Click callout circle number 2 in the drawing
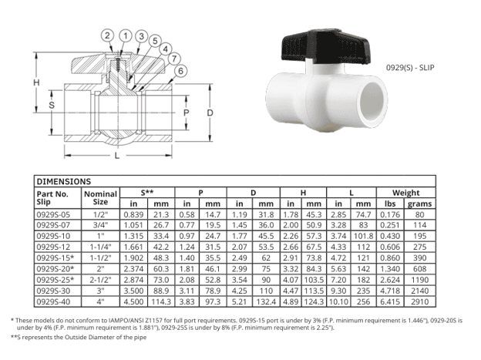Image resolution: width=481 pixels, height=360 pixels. (x=107, y=35)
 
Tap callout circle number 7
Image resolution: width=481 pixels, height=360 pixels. (x=174, y=59)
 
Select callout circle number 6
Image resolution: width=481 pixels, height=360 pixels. (x=180, y=71)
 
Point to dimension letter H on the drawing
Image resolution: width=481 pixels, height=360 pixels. (x=36, y=82)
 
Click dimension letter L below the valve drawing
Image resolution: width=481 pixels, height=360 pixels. (x=117, y=156)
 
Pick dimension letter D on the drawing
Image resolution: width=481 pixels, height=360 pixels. (x=210, y=113)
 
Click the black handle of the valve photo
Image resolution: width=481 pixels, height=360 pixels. (x=326, y=47)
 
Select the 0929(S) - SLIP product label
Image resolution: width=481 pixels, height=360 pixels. (x=410, y=68)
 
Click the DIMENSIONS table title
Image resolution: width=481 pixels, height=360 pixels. (x=64, y=181)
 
